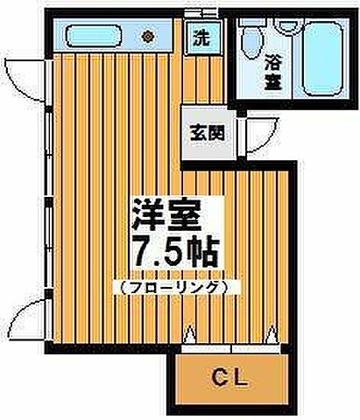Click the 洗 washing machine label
coord(201,38)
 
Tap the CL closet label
coord(232,378)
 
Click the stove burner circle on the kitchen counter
coord(148,37)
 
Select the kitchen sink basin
coord(92,38)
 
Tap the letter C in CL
coord(220,378)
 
